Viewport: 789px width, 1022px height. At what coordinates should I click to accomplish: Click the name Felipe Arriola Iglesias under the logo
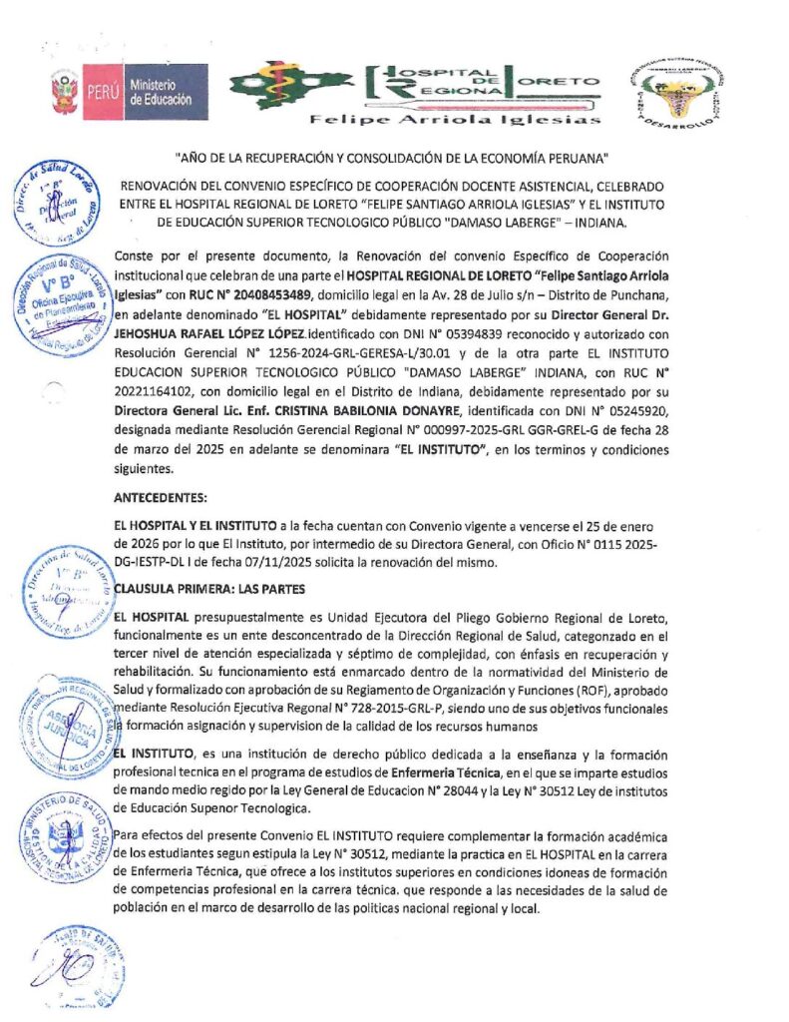point(456,120)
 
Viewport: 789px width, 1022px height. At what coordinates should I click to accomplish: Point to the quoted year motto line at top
point(390,157)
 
